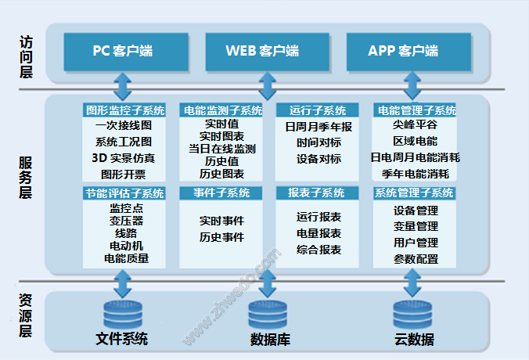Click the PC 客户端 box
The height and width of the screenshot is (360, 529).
tap(126, 52)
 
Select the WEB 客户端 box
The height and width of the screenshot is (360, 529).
tap(267, 52)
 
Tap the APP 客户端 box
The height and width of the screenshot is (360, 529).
tap(408, 52)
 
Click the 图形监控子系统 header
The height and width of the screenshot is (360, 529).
tap(124, 110)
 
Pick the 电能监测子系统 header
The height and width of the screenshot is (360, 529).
tap(221, 110)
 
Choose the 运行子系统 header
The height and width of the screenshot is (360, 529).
tap(317, 110)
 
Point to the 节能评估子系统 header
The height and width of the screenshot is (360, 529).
tap(124, 193)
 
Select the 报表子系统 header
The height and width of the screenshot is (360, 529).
tap(317, 193)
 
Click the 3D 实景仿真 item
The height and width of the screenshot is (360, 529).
tap(124, 158)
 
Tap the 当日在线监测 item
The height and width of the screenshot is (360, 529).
tap(221, 149)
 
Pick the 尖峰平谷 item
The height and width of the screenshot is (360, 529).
tap(415, 124)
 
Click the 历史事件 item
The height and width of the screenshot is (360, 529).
tap(221, 237)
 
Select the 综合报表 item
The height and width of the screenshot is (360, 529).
tap(318, 250)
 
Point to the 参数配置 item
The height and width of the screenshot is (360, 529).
tap(416, 259)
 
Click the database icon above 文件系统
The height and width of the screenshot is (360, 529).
tap(123, 315)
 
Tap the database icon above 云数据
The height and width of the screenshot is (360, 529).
tap(412, 315)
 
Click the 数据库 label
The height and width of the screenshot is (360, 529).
tap(270, 340)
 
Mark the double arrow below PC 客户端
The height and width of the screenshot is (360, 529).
tap(122, 86)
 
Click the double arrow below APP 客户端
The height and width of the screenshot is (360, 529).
tap(412, 86)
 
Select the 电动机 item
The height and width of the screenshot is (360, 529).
tap(126, 246)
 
